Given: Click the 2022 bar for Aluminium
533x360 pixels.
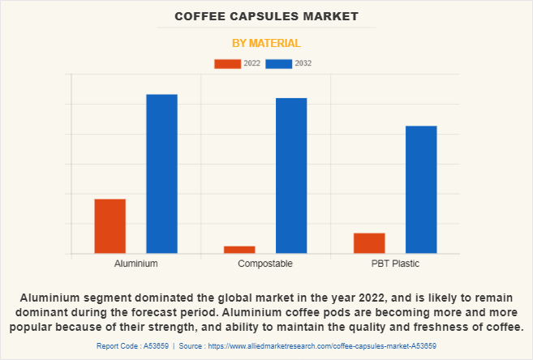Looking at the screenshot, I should point(110,226).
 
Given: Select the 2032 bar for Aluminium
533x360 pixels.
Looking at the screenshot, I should point(161,174).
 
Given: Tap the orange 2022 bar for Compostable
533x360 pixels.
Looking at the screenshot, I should point(239,250).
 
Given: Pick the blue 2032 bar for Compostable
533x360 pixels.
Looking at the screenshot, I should point(291,175).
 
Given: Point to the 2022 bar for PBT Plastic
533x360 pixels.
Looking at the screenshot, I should point(369,243).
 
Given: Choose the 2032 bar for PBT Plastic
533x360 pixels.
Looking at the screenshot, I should point(421,190).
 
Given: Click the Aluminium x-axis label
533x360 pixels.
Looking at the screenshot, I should point(135,264).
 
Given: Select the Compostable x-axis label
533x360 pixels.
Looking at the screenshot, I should point(265,264).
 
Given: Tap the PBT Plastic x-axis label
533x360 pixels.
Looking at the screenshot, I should point(395,264).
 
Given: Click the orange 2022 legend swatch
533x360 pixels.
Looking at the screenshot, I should point(227,63).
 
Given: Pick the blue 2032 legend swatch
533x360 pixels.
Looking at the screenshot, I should point(278,63).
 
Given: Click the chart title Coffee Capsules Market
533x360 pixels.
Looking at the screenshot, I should point(266,16).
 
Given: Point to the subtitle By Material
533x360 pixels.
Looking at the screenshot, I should point(266,43).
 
